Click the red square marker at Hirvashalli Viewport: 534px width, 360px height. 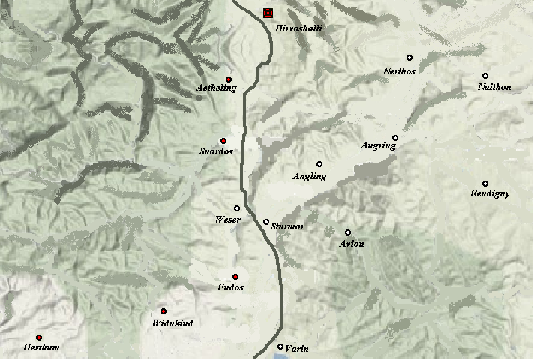pos(268,13)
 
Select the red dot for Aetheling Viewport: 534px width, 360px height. pos(229,79)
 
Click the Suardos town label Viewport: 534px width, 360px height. pos(217,151)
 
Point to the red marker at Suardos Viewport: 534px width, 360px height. pos(223,141)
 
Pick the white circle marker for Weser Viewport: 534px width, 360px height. pos(237,208)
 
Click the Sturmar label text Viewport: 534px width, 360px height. pos(288,226)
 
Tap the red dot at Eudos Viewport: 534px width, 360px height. pos(235,277)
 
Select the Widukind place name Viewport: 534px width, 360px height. pos(172,322)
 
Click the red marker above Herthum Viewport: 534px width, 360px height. pos(38,337)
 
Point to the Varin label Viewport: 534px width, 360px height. pos(297,348)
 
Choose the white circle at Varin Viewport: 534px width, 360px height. pos(280,346)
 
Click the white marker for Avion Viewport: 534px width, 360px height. pos(348,232)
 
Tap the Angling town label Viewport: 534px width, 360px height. pos(310,177)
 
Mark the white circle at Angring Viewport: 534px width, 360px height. pos(395,138)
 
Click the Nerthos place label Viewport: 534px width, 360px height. pos(399,70)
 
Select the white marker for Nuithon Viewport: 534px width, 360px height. pos(485,76)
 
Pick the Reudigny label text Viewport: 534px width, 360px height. pos(490,193)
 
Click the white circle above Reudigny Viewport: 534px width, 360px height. pos(485,184)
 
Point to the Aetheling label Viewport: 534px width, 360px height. pos(216,88)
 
